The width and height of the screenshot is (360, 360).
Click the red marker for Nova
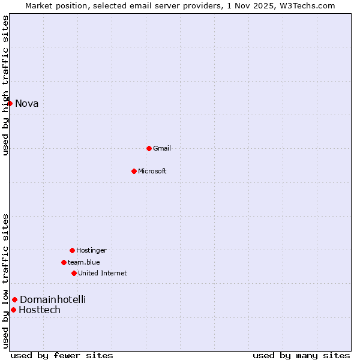click(10, 103)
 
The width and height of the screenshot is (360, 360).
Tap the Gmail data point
click(149, 148)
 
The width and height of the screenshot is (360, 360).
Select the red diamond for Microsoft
click(134, 171)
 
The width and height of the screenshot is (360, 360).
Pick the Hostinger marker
click(72, 250)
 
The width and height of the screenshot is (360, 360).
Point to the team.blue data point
click(64, 262)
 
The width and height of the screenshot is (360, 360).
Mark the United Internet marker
click(74, 273)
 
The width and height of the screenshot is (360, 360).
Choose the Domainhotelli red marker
click(14, 299)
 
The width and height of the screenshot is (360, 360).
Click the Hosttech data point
click(13, 310)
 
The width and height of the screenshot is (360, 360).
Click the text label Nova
click(27, 103)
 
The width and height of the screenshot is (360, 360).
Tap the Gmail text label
click(162, 148)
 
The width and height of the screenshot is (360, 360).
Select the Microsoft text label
click(152, 171)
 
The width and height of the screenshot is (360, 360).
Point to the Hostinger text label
click(91, 250)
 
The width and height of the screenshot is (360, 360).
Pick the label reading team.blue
click(84, 262)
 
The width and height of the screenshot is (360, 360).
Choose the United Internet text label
click(103, 273)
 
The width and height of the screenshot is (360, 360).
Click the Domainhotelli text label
click(53, 299)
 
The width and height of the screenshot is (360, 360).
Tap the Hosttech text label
click(40, 310)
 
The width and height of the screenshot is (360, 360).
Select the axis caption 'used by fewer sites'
click(62, 355)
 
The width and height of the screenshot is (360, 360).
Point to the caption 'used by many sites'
click(301, 355)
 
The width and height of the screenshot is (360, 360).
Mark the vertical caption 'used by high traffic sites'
click(5, 85)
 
